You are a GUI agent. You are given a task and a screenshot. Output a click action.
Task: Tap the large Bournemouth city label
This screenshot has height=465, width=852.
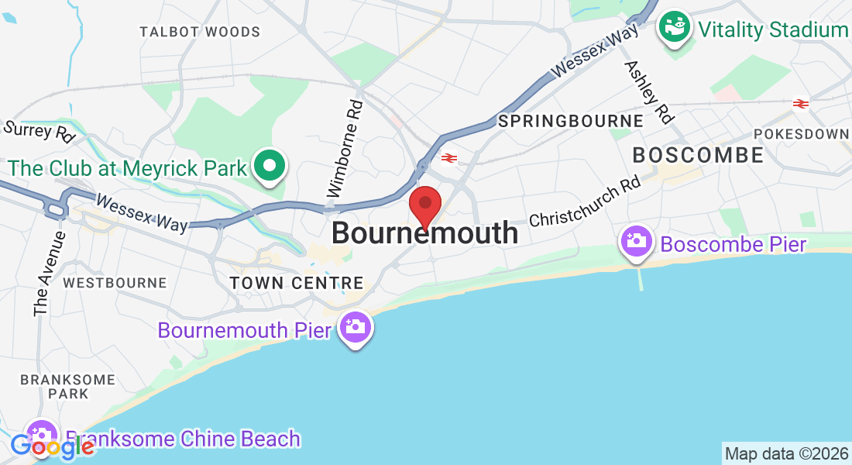click(425, 232)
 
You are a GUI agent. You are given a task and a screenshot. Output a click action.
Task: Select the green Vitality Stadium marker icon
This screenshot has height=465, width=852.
click(674, 29)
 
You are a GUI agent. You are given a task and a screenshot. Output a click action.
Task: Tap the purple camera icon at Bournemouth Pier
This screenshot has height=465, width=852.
click(356, 328)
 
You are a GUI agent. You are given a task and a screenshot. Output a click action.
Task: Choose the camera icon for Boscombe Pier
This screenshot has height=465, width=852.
click(637, 242)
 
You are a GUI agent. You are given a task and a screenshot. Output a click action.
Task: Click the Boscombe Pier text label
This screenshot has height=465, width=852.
click(733, 245)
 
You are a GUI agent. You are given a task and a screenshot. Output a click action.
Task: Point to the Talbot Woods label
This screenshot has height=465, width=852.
click(200, 32)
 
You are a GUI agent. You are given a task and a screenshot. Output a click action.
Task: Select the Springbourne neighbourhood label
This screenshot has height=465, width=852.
click(571, 122)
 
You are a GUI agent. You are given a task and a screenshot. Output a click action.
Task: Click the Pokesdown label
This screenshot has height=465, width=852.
click(801, 134)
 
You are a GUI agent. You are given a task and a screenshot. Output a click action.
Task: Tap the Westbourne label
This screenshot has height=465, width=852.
click(115, 283)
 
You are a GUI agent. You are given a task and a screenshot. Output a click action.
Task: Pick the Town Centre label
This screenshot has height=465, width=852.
click(297, 284)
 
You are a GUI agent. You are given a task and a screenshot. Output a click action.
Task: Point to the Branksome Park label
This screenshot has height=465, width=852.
click(67, 386)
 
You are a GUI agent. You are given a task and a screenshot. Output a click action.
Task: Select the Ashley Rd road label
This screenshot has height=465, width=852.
click(648, 92)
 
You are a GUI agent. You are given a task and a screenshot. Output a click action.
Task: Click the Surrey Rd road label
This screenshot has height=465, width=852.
click(39, 131)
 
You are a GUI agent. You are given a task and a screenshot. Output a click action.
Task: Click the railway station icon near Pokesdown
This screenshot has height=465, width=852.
click(800, 103)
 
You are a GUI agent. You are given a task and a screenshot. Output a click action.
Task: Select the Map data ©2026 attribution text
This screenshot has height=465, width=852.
click(786, 453)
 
